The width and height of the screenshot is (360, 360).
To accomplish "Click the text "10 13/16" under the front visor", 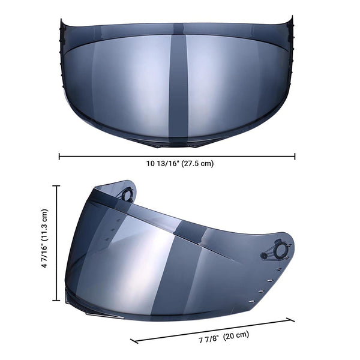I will click(162, 163).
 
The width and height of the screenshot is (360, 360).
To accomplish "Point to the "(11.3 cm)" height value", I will click(45, 224).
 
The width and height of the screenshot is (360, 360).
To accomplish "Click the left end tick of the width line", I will click(59, 157).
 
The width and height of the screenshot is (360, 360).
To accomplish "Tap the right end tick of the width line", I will click(295, 157).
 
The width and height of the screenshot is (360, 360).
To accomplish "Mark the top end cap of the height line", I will click(58, 186).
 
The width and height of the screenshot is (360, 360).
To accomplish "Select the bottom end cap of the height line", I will click(58, 299).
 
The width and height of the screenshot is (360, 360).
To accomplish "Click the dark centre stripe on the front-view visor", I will click(178, 84).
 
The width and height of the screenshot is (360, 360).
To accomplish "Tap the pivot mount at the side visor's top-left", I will click(127, 193).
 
